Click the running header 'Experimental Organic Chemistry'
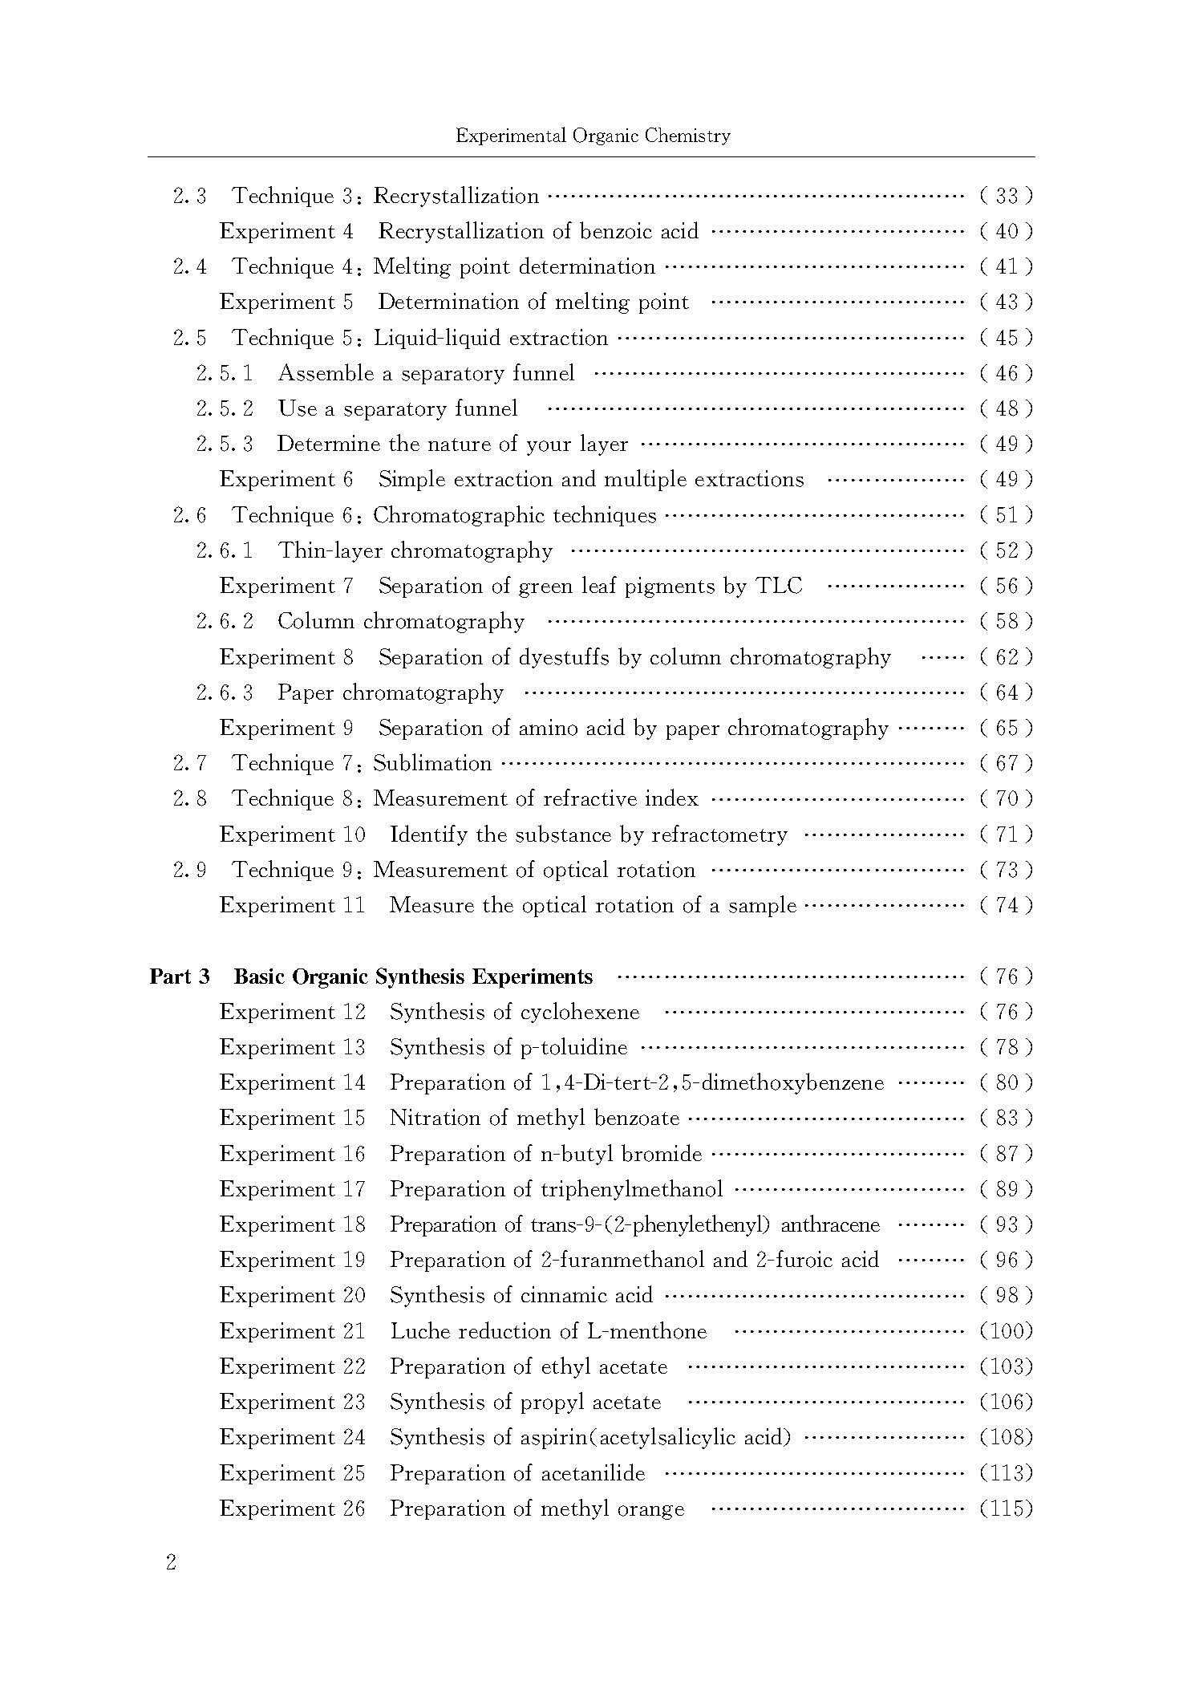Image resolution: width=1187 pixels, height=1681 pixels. point(593,136)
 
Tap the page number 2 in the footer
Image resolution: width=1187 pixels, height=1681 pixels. point(171,1562)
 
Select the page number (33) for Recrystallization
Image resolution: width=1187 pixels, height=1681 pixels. point(1006,196)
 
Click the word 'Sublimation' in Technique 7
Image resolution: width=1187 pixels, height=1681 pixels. point(432,763)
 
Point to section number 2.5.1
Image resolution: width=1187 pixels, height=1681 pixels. point(225,373)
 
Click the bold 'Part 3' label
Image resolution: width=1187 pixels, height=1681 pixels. point(180,977)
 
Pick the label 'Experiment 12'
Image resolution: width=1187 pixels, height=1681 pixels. point(292,1012)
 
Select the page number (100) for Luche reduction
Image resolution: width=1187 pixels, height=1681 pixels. point(1006,1331)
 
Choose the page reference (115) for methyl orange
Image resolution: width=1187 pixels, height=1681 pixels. point(1006,1508)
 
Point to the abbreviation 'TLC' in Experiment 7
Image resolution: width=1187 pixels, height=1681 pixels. point(779,586)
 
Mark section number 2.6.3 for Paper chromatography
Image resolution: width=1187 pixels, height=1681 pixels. point(225,692)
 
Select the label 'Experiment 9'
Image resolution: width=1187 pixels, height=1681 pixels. point(286,728)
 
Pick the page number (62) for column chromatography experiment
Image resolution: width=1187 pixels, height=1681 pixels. point(1006,657)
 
